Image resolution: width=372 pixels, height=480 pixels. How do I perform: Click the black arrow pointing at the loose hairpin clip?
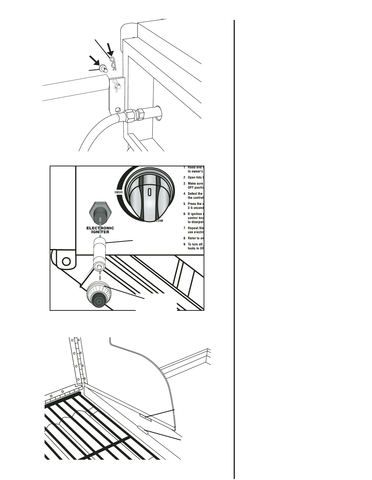click(111, 50)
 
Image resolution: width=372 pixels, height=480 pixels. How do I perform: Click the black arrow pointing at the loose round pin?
click(95, 60)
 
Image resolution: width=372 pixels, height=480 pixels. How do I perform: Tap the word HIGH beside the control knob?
click(118, 192)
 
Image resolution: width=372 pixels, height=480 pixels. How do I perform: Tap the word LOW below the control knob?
click(160, 221)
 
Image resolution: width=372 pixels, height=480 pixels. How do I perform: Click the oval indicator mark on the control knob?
click(149, 192)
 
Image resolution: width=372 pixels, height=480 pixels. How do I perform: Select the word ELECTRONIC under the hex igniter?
click(100, 228)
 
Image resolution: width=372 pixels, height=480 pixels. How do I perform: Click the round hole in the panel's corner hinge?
click(66, 261)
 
